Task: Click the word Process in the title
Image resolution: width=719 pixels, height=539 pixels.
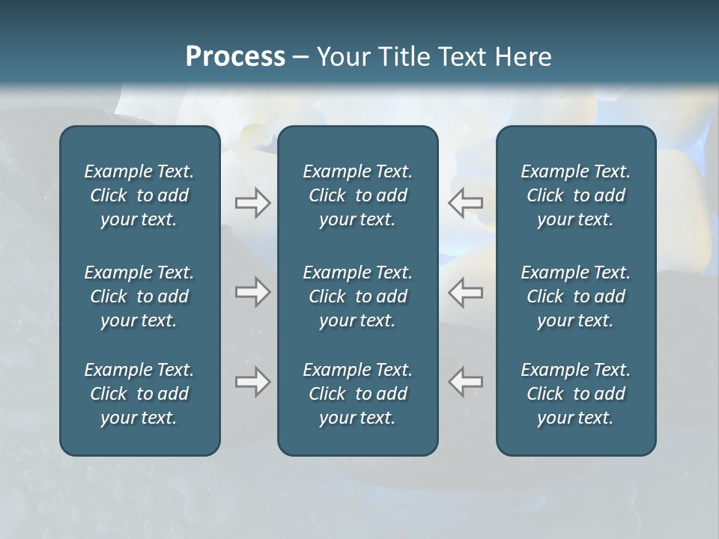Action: point(235,57)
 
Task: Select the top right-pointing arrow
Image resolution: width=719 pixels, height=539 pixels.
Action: point(252,203)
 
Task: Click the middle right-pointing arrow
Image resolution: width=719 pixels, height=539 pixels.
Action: point(252,292)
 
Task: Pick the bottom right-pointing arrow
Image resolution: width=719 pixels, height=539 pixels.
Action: point(252,382)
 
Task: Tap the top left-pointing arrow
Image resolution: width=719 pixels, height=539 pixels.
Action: point(466,203)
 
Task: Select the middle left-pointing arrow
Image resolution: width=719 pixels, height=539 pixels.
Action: point(466,292)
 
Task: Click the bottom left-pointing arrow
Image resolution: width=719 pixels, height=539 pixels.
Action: point(466,382)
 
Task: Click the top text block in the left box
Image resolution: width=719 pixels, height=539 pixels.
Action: point(139,195)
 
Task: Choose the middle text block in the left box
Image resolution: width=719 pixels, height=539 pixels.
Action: point(139,296)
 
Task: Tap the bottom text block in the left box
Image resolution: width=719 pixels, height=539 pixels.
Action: point(139,394)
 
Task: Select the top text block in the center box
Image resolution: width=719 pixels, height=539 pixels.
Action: point(357,195)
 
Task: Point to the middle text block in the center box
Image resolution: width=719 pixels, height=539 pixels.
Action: point(357,296)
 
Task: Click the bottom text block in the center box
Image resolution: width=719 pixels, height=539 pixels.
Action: point(357,394)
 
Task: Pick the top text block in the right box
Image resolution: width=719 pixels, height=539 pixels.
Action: point(575,195)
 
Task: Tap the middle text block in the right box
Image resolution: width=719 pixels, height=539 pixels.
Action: point(575,296)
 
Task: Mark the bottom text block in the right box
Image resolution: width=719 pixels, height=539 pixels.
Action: point(575,394)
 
